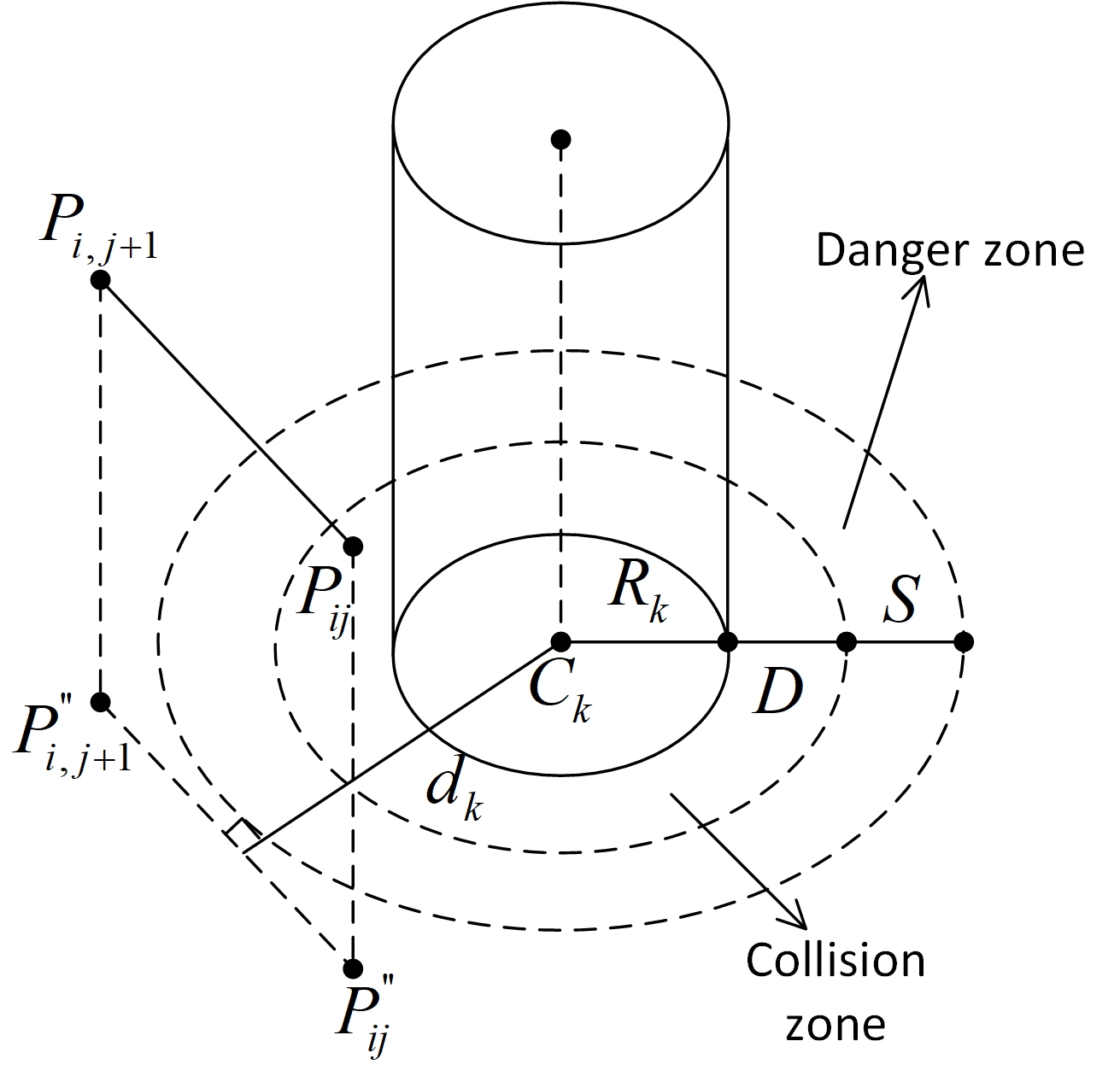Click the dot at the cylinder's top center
tap(560, 139)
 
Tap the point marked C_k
tap(560, 640)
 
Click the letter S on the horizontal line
tap(900, 600)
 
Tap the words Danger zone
tap(949, 251)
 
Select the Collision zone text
tap(835, 991)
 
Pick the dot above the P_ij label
tap(352, 546)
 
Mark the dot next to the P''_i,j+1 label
tap(101, 702)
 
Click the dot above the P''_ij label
tap(352, 968)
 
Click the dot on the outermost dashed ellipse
tap(963, 640)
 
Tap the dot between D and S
tap(846, 640)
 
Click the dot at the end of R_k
tap(727, 640)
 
